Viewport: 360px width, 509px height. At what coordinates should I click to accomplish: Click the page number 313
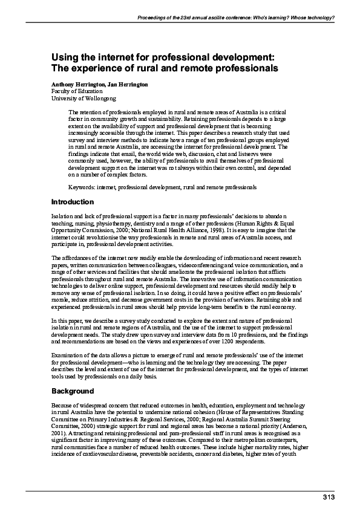coord(327,496)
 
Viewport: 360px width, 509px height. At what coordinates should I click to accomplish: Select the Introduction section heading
coord(73,202)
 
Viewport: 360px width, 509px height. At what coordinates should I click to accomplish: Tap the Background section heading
coord(72,391)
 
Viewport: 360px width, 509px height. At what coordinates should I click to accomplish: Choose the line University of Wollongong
coord(83,98)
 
